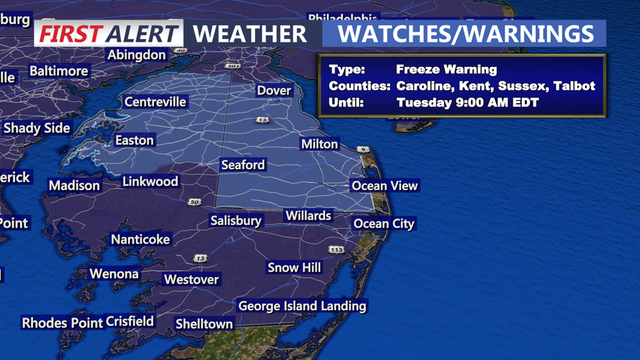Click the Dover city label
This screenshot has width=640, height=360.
point(274,91)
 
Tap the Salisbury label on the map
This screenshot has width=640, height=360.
point(235,220)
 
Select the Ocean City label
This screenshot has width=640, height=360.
point(384,224)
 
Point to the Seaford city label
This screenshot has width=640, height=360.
point(243,165)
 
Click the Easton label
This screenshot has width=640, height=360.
point(135,140)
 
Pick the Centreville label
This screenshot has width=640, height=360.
point(156,102)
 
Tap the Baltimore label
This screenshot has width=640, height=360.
point(59,71)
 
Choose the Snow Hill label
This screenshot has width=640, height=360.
point(294,268)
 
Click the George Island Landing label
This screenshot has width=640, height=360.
point(302,306)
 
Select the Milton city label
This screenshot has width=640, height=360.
point(320,144)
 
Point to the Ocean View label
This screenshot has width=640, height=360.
point(384,186)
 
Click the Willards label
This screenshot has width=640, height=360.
point(308,216)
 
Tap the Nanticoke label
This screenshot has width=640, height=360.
point(140,240)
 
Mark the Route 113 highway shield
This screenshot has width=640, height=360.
point(336,250)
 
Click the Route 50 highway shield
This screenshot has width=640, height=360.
point(194,202)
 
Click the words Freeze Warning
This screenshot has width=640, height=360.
point(446,70)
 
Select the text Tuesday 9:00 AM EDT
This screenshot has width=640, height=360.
point(467,102)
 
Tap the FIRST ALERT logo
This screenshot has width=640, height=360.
point(109,34)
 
